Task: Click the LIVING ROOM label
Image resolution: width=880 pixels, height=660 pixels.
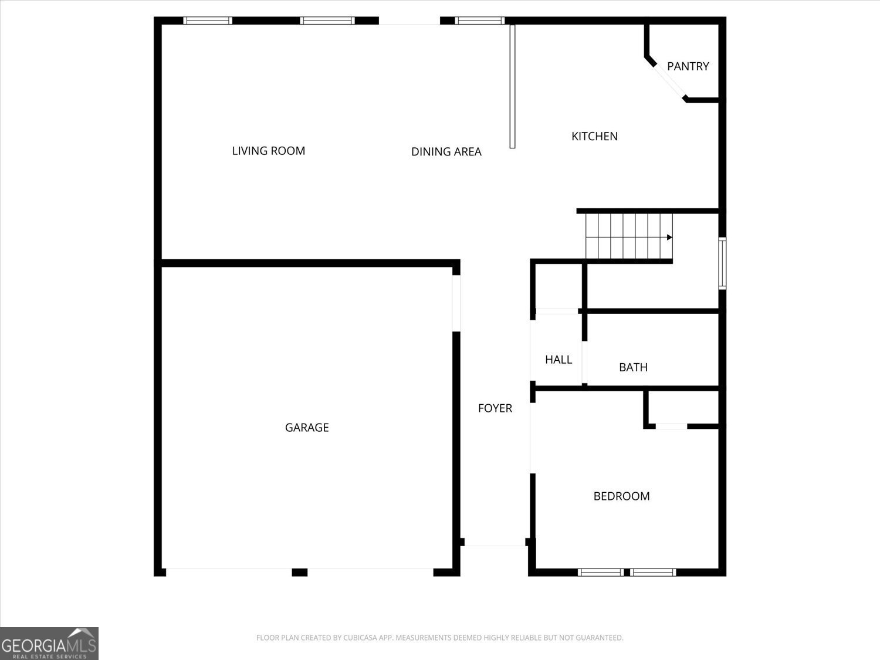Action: coord(268,151)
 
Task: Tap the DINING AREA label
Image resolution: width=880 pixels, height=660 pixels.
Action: coord(446,151)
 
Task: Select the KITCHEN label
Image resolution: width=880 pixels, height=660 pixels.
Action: coord(594,136)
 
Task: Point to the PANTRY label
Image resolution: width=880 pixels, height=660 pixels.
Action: coord(688,66)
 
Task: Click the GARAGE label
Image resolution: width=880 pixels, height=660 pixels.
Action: coord(306,428)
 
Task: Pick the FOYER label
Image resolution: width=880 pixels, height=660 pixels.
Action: coord(495,408)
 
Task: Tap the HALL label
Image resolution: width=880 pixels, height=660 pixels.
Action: coord(558,360)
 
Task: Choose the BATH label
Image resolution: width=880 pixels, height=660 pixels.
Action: coord(633,367)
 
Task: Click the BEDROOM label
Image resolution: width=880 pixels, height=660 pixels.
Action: coord(621,496)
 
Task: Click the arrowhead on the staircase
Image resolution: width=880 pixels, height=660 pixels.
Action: coord(669,237)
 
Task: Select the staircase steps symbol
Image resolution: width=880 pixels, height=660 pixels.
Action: coord(628,236)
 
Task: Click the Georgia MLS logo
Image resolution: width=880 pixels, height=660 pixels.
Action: coord(49,644)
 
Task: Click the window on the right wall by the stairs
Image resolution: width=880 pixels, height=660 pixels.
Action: coord(722,263)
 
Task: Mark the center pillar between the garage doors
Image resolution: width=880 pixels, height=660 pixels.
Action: coord(299,572)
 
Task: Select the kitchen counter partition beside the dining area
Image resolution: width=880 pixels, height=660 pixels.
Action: coord(512,86)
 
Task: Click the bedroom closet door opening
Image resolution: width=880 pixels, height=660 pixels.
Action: coord(671,426)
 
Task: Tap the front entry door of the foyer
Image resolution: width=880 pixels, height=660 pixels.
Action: coord(495,546)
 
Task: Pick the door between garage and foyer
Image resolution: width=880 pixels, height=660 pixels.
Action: coord(456,303)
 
